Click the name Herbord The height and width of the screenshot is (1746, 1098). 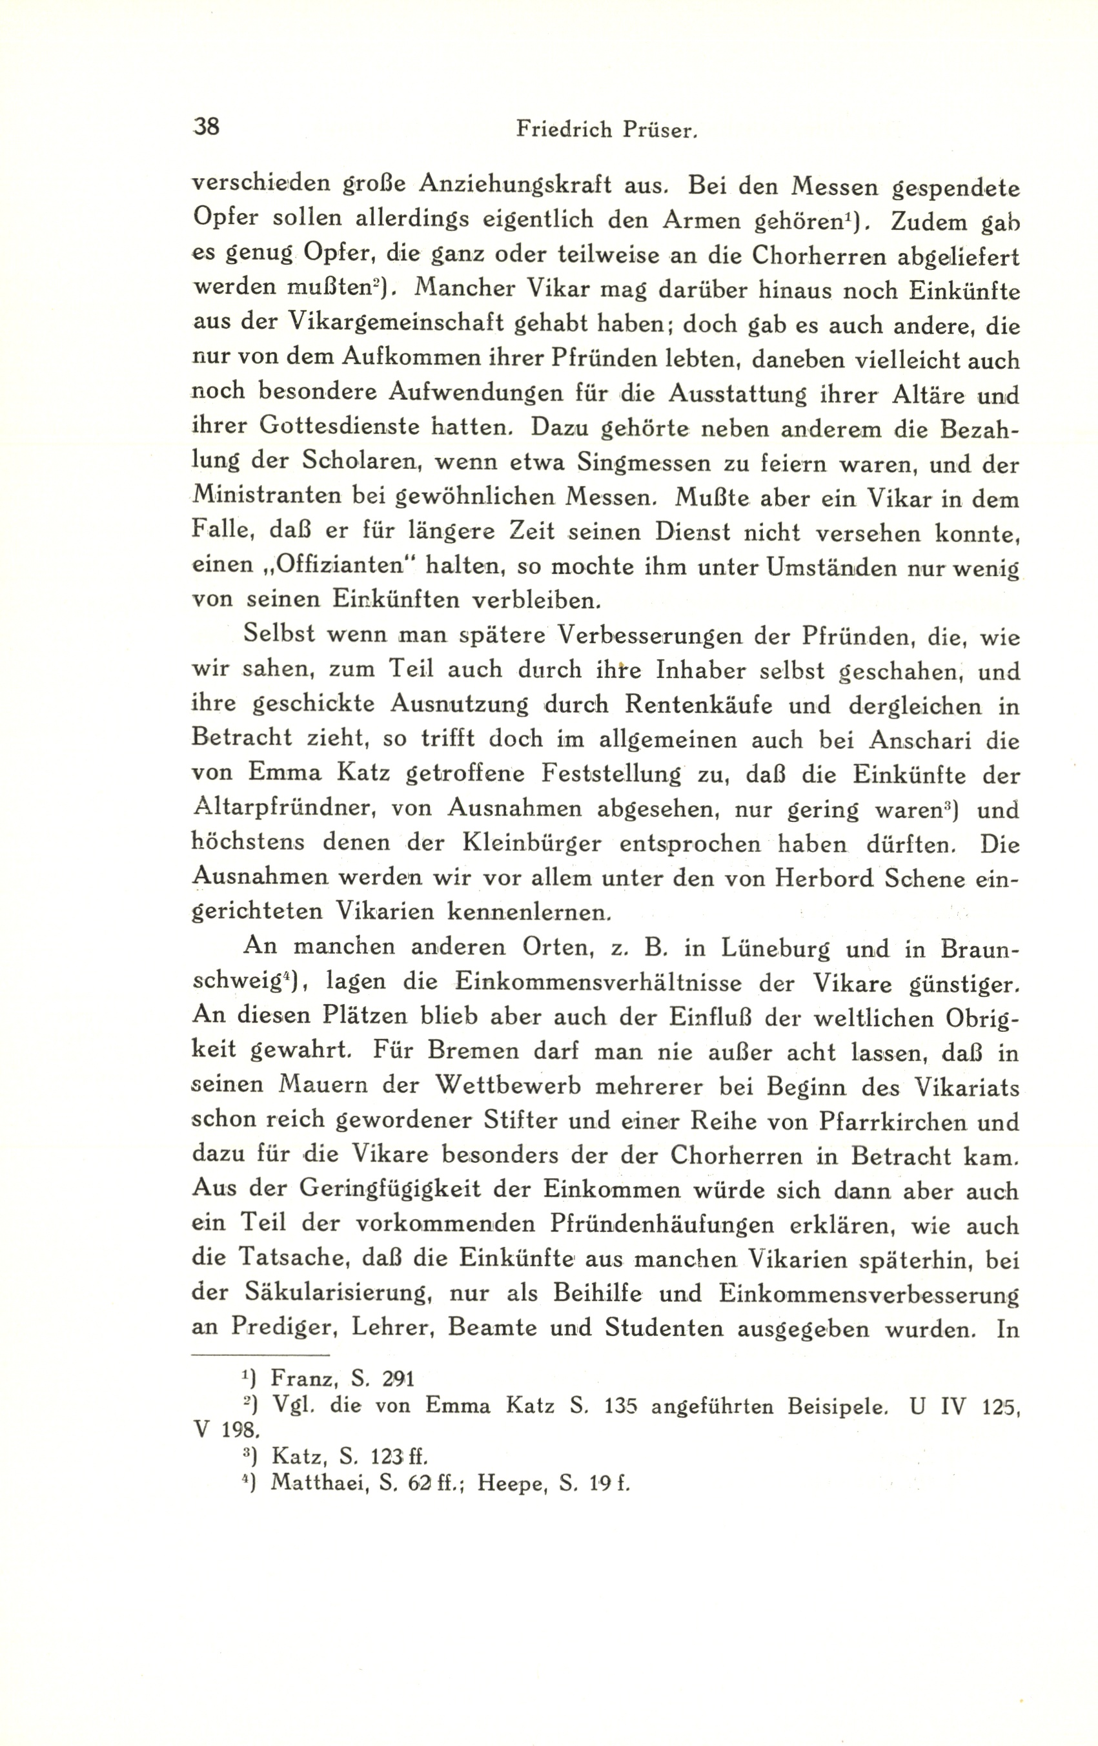coord(822,879)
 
